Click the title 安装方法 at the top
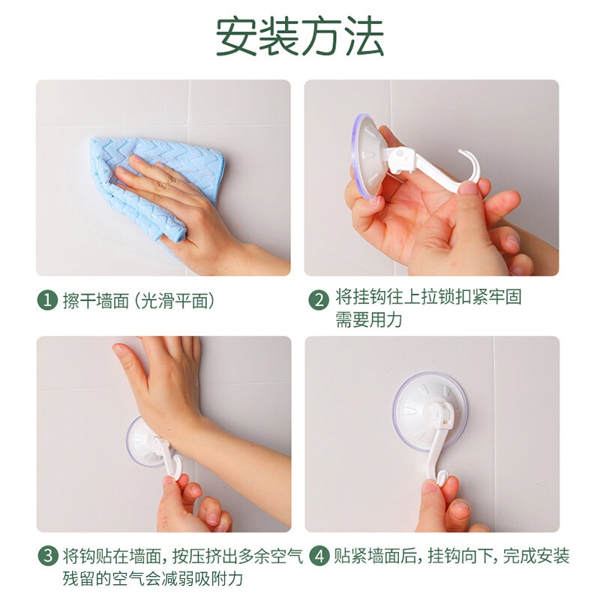299,37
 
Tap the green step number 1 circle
47,300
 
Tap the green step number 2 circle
318,300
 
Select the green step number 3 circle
48,556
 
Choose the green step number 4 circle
319,556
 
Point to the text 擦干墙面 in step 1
96,301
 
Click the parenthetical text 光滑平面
175,301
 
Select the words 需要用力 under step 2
368,319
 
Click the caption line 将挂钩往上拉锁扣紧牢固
428,297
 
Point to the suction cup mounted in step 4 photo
430,410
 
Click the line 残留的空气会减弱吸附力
153,578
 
